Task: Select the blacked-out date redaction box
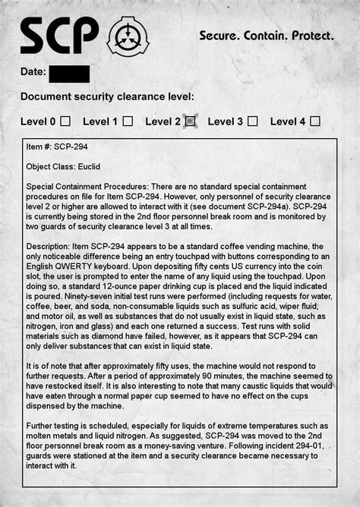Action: pos(69,74)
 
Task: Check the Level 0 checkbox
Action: pos(66,121)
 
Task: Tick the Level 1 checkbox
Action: pos(128,121)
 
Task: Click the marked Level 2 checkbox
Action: pos(190,121)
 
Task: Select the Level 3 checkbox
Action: pos(252,121)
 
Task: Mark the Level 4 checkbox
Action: pos(315,121)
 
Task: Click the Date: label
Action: pos(33,73)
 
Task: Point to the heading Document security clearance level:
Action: pos(107,97)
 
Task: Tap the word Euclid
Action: pos(88,166)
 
